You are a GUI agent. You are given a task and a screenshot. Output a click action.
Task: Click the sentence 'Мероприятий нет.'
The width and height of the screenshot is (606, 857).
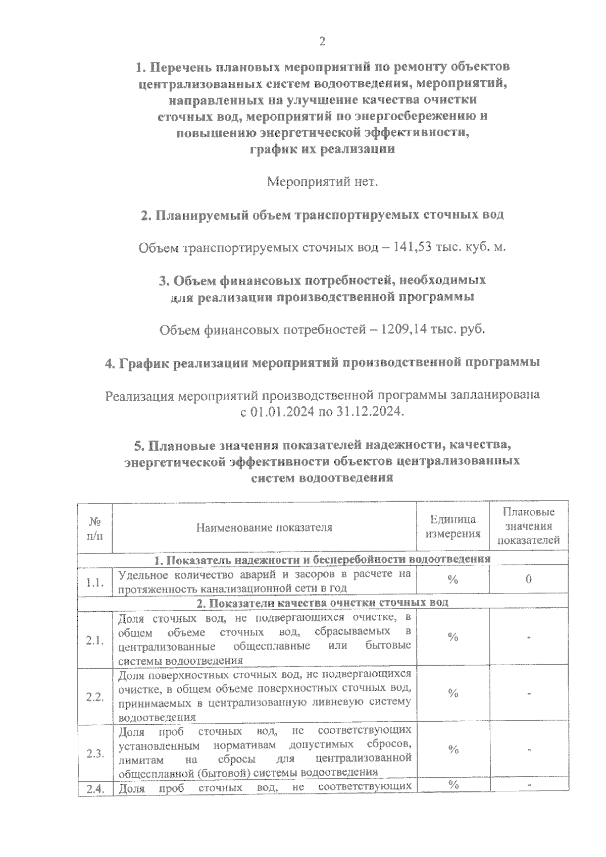pos(322,181)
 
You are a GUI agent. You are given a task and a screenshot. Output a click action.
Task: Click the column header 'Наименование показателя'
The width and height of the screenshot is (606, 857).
pos(264,527)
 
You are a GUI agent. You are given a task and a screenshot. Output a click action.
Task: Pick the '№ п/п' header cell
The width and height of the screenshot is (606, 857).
pos(95,527)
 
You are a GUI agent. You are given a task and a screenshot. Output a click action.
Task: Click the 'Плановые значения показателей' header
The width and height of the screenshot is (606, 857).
pos(528,526)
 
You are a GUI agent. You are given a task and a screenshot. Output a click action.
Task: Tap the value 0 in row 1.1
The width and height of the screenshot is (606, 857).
pos(528,579)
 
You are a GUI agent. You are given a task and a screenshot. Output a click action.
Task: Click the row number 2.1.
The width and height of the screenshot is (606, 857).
pos(95,640)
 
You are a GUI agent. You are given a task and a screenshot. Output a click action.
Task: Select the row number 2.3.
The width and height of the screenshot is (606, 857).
pos(95,754)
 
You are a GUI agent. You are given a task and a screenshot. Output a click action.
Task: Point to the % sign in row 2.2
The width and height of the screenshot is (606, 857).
pos(452,693)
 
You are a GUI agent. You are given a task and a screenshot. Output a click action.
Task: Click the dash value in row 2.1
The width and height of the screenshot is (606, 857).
pos(529,638)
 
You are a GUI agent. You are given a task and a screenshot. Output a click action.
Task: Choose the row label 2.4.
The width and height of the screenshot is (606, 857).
pos(95,790)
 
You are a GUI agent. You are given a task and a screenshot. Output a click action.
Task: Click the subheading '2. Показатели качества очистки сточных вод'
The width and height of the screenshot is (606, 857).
pos(322,603)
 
